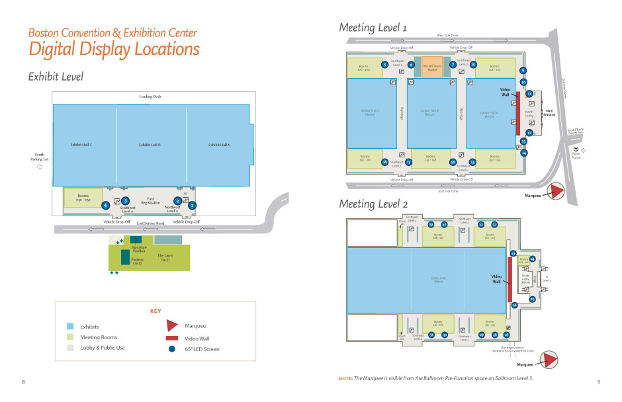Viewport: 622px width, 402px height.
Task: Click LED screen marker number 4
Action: [105, 205]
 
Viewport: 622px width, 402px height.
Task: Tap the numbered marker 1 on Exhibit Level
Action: [192, 205]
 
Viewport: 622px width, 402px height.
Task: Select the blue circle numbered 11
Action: [529, 94]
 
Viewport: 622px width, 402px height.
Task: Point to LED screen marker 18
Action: [384, 161]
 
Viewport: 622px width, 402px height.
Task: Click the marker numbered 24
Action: [532, 259]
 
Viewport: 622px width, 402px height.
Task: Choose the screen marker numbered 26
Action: [514, 305]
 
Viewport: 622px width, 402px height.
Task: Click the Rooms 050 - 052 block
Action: [83, 197]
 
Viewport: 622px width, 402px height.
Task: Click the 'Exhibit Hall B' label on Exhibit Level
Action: [150, 145]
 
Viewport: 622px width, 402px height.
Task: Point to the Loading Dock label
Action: [150, 97]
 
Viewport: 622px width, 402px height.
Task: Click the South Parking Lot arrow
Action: [39, 167]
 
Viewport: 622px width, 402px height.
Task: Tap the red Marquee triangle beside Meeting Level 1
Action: [555, 192]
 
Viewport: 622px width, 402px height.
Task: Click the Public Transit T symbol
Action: [576, 150]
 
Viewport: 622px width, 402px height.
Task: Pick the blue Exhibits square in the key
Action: [69, 327]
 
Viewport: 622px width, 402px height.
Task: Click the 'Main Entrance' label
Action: [549, 113]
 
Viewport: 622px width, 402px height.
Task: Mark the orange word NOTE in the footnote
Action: [345, 378]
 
